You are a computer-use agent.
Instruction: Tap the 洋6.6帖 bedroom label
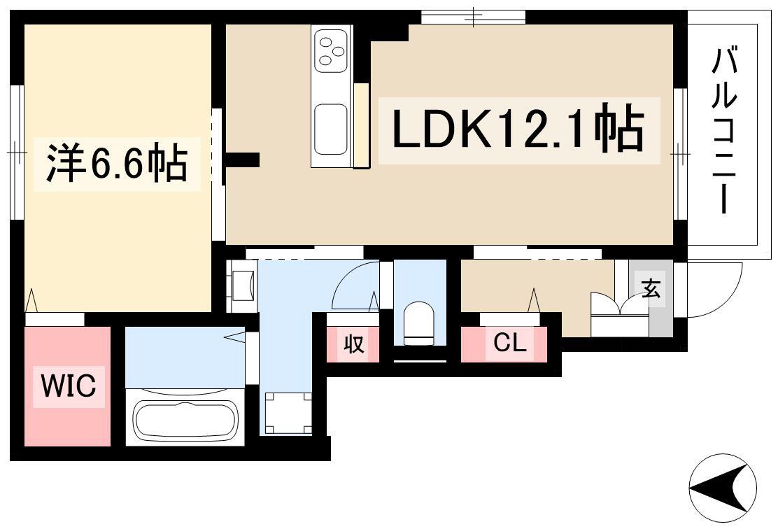pos(117,163)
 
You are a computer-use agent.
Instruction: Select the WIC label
pos(69,386)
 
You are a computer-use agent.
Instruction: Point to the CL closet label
pos(509,342)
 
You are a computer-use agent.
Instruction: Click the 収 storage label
pos(354,344)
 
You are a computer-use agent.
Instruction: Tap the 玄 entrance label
pos(651,289)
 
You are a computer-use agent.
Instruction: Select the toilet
pos(419,323)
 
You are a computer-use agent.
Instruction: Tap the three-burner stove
pos(331,50)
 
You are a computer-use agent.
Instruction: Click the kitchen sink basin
pos(331,128)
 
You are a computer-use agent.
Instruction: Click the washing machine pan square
pos(288,413)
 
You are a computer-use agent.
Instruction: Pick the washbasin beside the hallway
pos(243,285)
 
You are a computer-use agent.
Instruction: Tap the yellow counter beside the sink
pos(362,125)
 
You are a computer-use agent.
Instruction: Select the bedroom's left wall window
pos(18,152)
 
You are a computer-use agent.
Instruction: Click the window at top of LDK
pos(474,17)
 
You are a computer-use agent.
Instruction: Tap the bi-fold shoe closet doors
pos(620,304)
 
